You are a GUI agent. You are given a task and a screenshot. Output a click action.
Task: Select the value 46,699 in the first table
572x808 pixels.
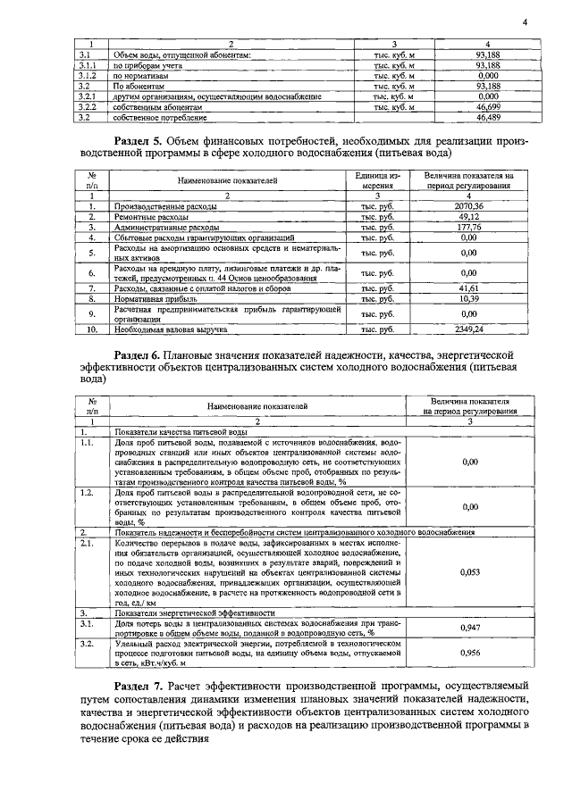[x=488, y=106]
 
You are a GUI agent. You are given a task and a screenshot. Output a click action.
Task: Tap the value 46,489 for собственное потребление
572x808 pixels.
[x=488, y=116]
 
